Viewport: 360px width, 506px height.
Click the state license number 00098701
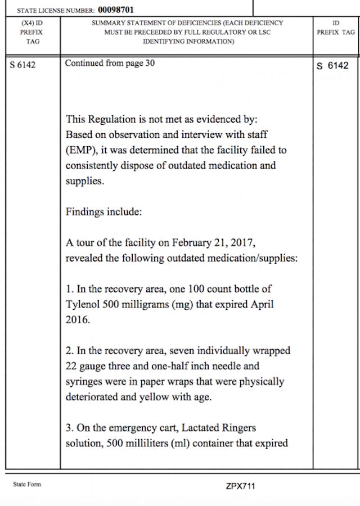(x=116, y=10)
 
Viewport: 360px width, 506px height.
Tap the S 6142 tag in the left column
(x=23, y=65)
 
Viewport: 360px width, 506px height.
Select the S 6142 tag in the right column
(x=333, y=66)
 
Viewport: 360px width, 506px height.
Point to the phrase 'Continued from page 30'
(x=110, y=63)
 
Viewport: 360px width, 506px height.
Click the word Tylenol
(x=84, y=305)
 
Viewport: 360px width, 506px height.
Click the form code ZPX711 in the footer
(x=240, y=486)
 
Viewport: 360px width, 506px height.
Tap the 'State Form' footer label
(x=27, y=484)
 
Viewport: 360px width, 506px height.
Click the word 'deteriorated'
(x=94, y=397)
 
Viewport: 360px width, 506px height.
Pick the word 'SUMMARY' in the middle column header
(x=107, y=24)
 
